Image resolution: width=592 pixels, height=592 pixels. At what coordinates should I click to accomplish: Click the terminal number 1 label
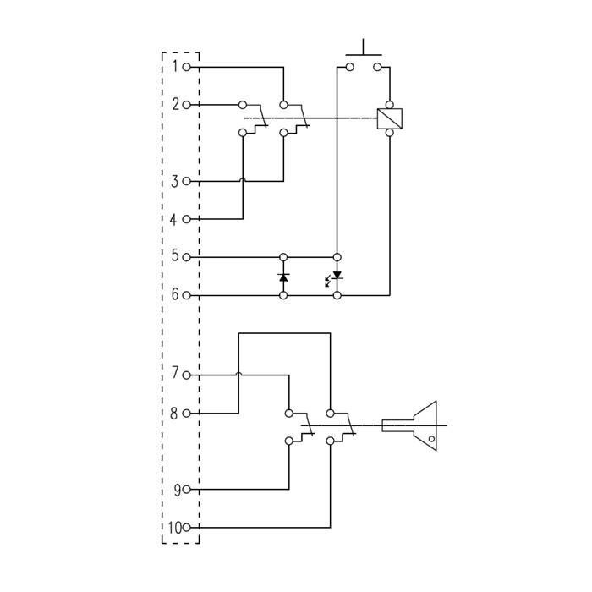[x=175, y=66]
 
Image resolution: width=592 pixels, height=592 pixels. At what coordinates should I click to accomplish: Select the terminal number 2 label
[x=175, y=105]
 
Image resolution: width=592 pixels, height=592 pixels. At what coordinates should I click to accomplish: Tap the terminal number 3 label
[x=175, y=181]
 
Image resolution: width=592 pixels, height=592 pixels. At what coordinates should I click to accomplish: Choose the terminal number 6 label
[x=175, y=295]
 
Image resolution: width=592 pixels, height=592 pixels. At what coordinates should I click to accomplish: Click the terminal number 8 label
[x=175, y=414]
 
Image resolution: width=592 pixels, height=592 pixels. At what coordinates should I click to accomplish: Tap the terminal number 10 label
[x=173, y=528]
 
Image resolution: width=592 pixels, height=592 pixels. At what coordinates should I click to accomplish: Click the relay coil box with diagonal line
[x=389, y=118]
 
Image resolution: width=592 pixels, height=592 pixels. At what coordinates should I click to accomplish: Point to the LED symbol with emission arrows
[x=335, y=277]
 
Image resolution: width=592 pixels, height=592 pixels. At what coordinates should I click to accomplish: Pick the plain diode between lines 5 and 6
[x=283, y=277]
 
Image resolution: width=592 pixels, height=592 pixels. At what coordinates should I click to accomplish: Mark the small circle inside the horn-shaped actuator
[x=430, y=440]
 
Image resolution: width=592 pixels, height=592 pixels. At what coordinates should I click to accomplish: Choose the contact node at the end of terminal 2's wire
[x=243, y=105]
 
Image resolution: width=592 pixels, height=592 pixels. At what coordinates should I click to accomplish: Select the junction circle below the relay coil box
[x=389, y=132]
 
